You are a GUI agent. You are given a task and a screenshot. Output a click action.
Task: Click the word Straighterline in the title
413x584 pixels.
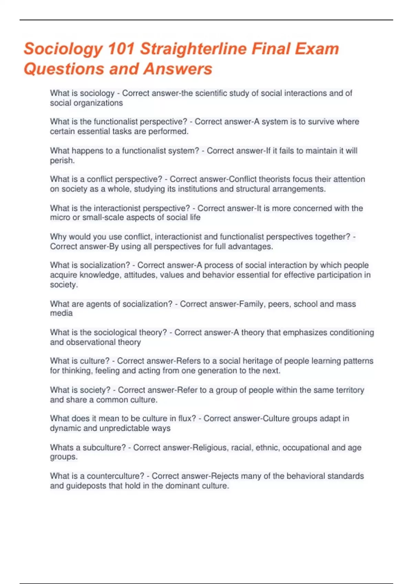(193, 49)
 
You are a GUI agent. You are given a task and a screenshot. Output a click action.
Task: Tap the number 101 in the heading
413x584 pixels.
(121, 49)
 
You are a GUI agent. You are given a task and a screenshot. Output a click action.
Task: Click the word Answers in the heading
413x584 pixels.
(178, 69)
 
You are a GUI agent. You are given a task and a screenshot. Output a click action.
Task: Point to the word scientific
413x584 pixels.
(213, 93)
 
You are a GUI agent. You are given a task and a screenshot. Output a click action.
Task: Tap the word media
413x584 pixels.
(61, 313)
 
